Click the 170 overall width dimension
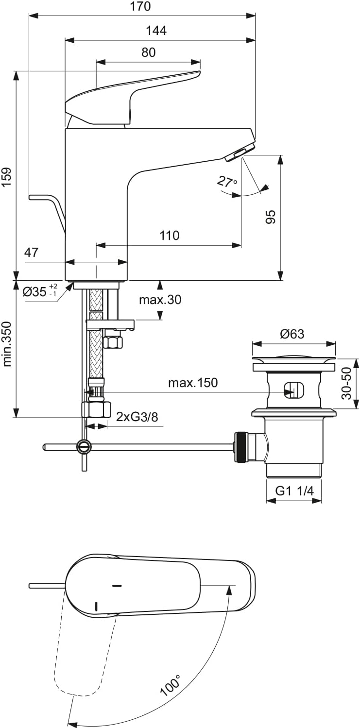coord(140,6)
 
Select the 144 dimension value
coord(156,31)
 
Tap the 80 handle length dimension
coord(148,52)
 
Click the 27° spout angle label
coord(227,182)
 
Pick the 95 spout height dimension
coord(271,217)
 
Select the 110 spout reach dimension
coord(169,235)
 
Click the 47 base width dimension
coord(31,252)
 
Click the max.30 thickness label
coord(160,299)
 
